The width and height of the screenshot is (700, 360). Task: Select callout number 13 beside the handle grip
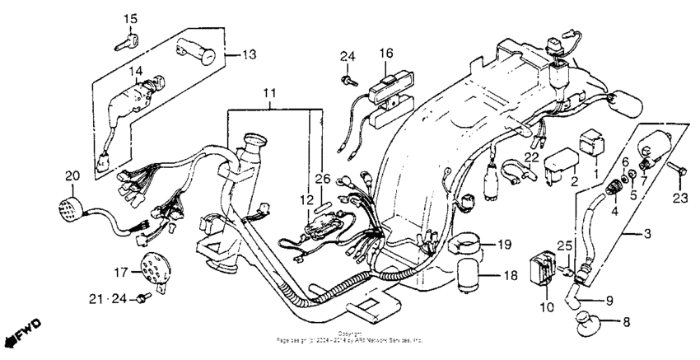[x=246, y=54]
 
